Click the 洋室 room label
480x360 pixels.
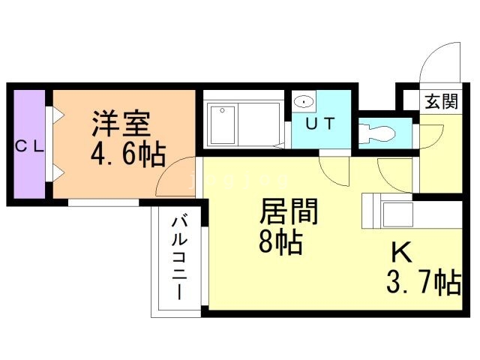[x=121, y=123]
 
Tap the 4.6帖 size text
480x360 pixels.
[x=128, y=154]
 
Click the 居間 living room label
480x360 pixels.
[x=289, y=211]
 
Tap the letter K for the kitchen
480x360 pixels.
[x=402, y=252]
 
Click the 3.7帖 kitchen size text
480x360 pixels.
[x=424, y=282]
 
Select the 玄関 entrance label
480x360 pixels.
[x=441, y=101]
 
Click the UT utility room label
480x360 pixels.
[x=320, y=123]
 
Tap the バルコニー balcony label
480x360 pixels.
[x=179, y=258]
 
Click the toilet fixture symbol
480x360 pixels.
[x=376, y=133]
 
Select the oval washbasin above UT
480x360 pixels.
[x=303, y=101]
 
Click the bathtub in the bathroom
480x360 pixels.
[x=223, y=125]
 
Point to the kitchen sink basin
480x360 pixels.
[x=397, y=214]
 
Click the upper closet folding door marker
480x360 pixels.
[x=58, y=115]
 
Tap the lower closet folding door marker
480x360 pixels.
[x=58, y=173]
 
